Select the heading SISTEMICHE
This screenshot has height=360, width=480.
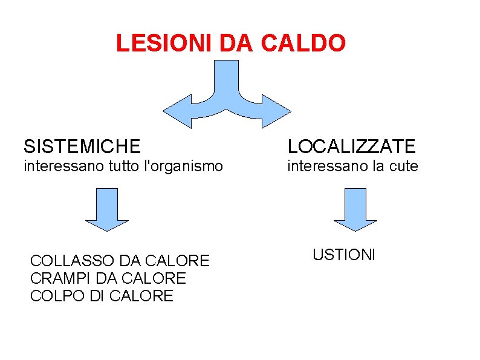[82, 146]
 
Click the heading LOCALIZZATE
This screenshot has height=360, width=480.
[352, 146]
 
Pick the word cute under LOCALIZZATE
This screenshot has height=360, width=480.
[404, 166]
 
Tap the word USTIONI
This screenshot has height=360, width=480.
[344, 255]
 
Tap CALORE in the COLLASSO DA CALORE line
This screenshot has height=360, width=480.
[180, 261]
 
